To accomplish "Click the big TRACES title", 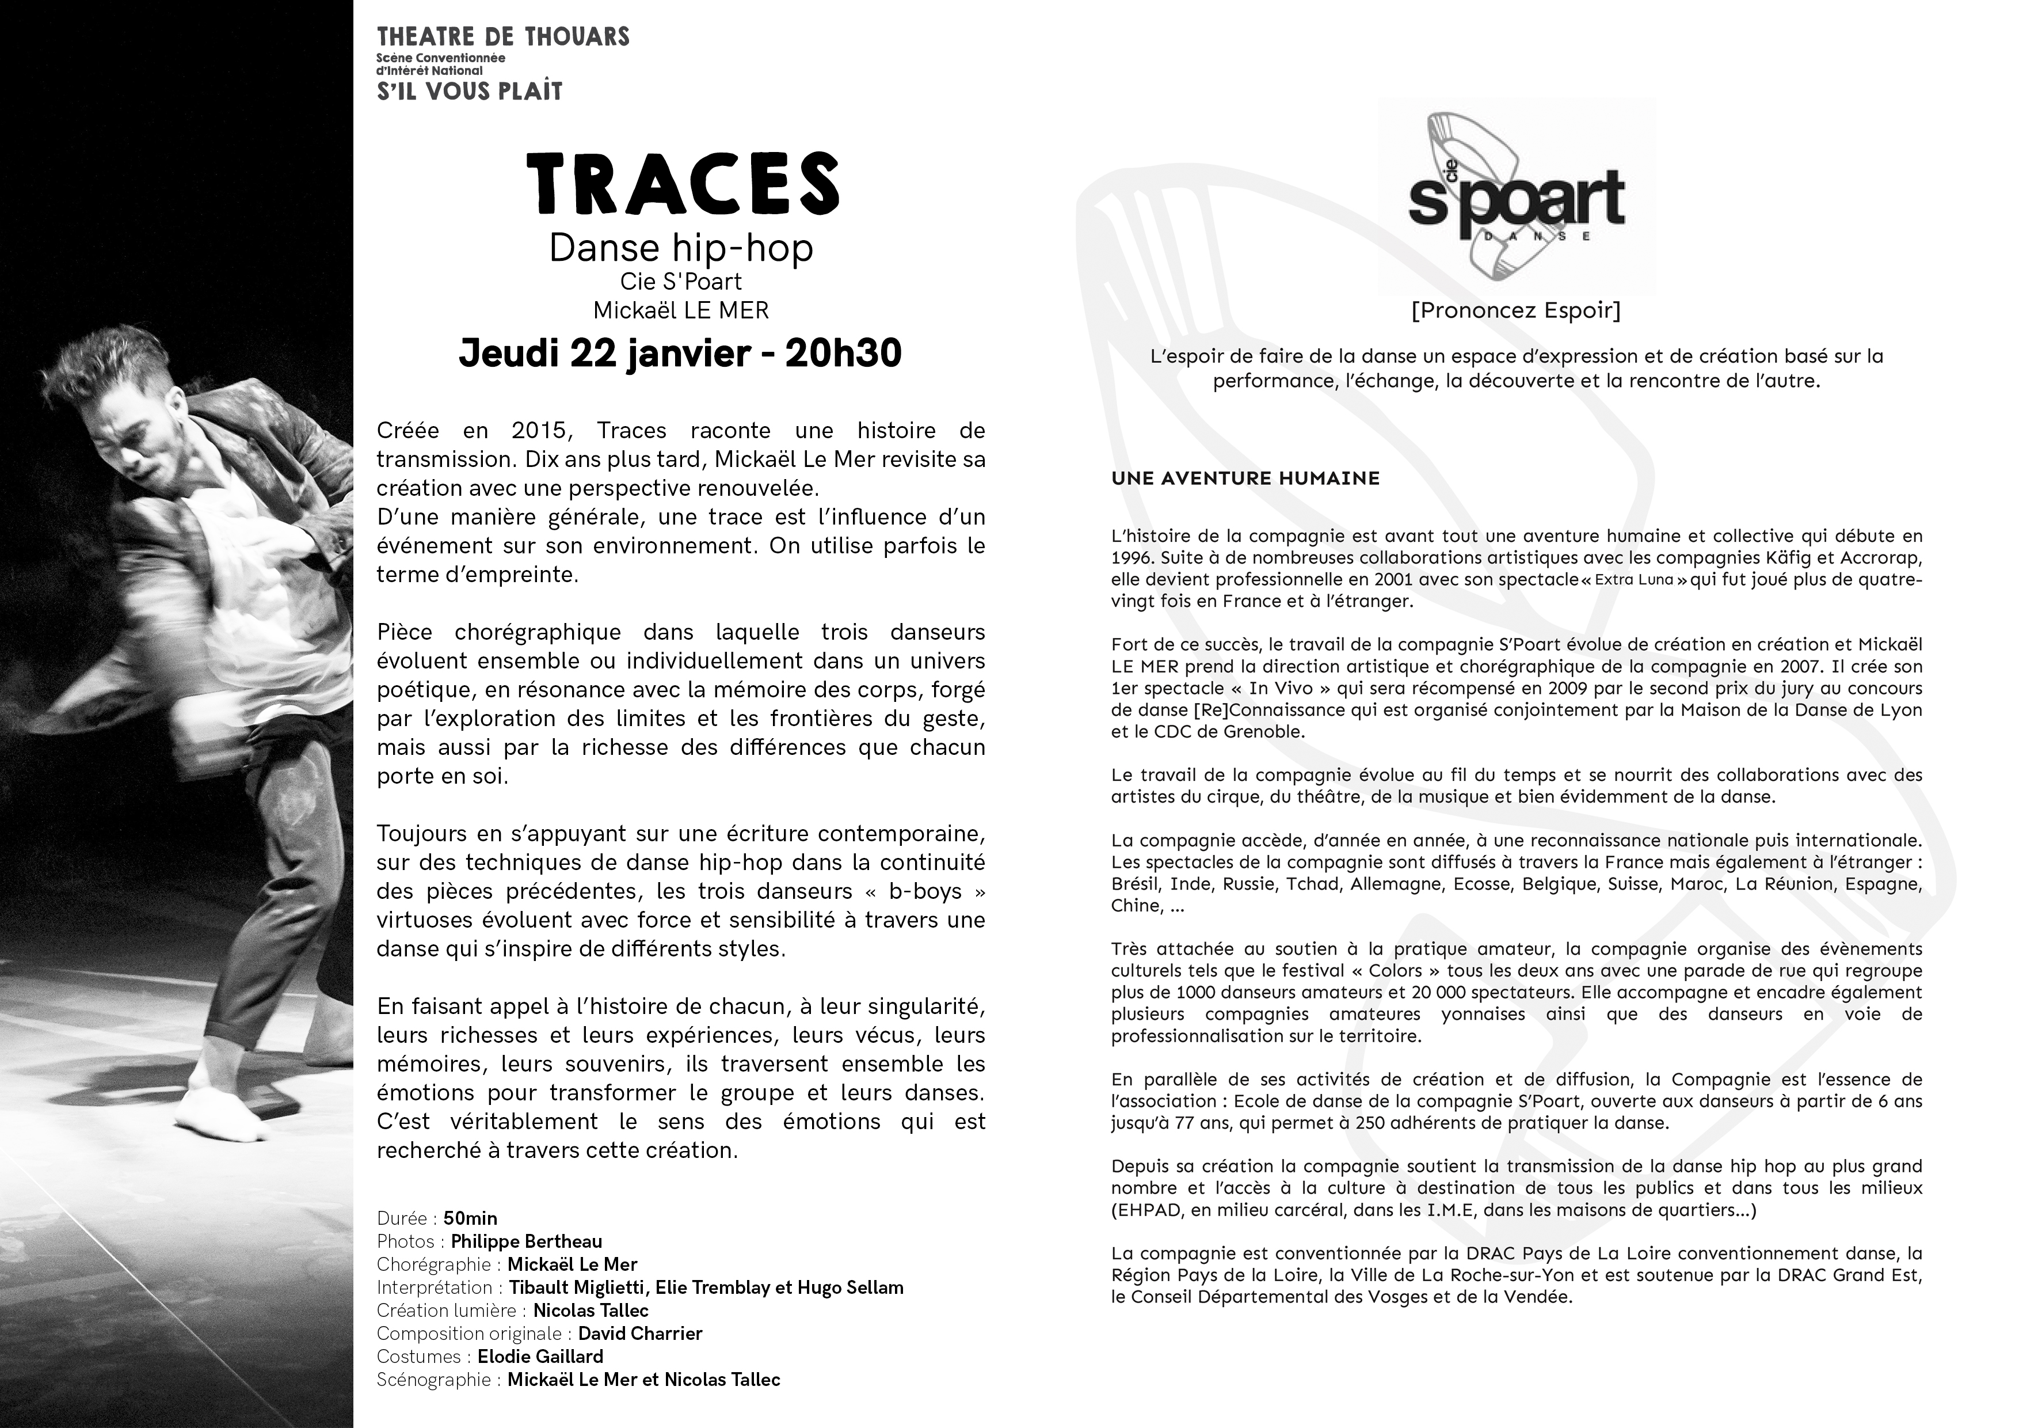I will [x=683, y=184].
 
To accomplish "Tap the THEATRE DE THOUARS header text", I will [x=503, y=37].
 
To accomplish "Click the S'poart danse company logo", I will [x=1516, y=197].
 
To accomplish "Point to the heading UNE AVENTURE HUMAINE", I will [x=1245, y=478].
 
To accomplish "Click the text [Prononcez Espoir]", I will [x=1516, y=310].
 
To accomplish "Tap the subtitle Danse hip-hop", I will [x=681, y=248].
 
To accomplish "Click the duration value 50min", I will [x=470, y=1218].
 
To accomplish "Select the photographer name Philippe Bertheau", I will [x=526, y=1241].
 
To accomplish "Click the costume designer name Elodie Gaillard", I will [x=540, y=1356].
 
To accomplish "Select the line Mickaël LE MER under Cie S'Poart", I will [x=681, y=310].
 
